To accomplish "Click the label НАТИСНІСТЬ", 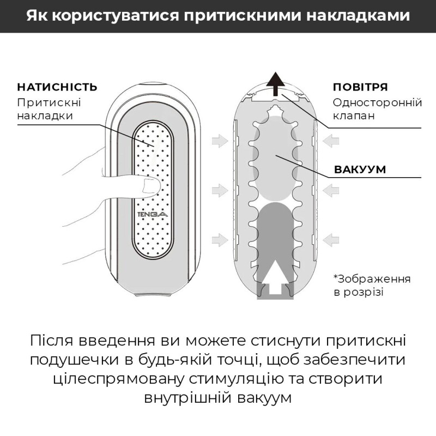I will coord(57,87).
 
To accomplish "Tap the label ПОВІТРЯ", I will coord(360,87).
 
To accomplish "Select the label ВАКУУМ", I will coord(360,169).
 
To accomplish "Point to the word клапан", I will coord(354,116).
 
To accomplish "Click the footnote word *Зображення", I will coord(372,278).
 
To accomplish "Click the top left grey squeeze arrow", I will coord(219,141).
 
